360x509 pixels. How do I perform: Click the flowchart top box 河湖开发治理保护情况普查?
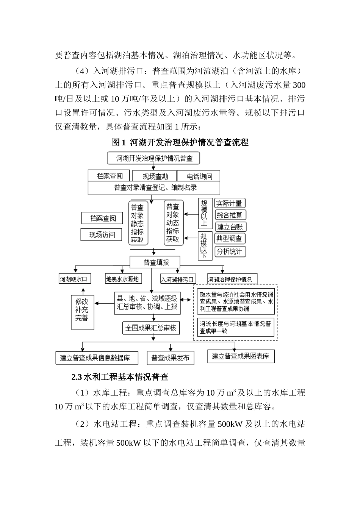[154, 158]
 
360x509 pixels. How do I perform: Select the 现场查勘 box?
[155, 176]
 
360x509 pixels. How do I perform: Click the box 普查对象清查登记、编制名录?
[154, 188]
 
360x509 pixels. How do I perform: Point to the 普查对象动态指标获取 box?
[173, 223]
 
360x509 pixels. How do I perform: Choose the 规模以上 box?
[205, 213]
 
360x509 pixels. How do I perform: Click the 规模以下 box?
[205, 245]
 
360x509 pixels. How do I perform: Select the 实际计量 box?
[230, 203]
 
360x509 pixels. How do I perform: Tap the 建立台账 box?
[231, 227]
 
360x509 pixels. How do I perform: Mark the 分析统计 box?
[230, 251]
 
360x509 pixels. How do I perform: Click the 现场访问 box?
[102, 235]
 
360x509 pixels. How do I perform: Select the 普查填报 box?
[155, 262]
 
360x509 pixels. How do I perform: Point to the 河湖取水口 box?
[75, 279]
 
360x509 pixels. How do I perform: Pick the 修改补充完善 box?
[82, 310]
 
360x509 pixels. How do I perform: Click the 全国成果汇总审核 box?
[151, 328]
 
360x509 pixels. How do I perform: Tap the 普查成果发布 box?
[170, 358]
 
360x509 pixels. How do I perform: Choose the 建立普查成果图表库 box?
[241, 356]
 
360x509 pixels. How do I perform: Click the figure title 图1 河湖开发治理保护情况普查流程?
[180, 142]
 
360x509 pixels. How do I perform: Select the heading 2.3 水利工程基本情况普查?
[120, 377]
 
